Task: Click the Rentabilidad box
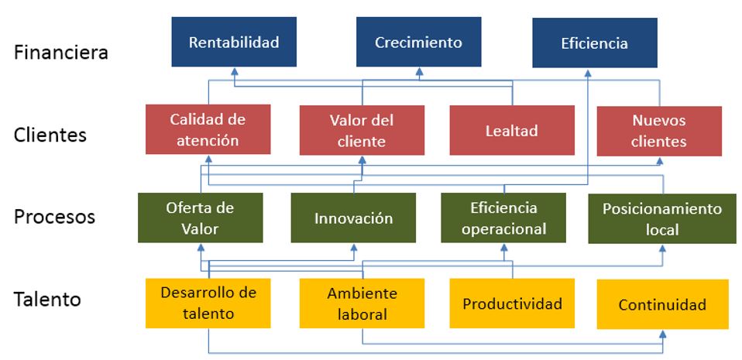point(234,42)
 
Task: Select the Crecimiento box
point(418,42)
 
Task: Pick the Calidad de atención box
point(208,129)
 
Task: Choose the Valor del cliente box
point(361,130)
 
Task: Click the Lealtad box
point(512,131)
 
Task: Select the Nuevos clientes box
point(659,131)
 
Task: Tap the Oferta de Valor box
point(200,218)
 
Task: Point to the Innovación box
point(353,218)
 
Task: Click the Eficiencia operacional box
point(503,218)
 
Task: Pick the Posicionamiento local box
point(662,219)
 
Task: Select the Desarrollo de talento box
point(208,303)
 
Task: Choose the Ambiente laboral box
point(362,303)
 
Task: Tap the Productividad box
point(512,303)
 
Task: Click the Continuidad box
point(662,304)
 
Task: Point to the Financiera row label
point(60,53)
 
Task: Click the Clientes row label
point(50,135)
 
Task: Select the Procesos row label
point(55,216)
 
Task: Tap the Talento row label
point(47,299)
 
